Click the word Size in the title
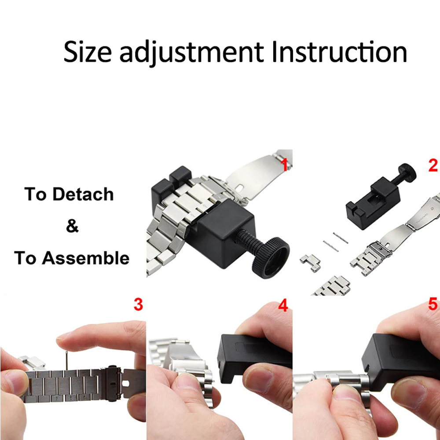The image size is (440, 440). click(88, 52)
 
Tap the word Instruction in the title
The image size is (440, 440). click(339, 52)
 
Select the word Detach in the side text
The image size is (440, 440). click(84, 194)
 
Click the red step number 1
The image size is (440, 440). click(284, 165)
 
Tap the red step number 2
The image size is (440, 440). click(433, 165)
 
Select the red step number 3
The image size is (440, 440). click(138, 304)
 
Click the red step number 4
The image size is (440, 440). click(284, 305)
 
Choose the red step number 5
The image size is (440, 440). click(433, 304)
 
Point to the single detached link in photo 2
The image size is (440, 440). click(310, 263)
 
